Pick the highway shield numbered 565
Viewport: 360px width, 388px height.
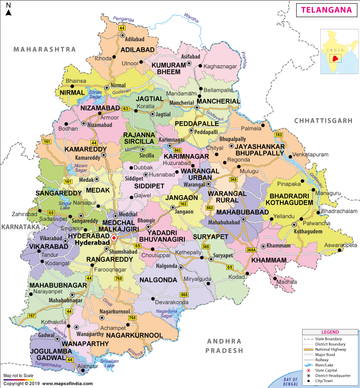tap(184, 294)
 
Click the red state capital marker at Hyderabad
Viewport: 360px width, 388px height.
tap(114, 238)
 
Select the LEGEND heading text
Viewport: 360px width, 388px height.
tap(330, 332)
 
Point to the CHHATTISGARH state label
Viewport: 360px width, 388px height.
tap(323, 121)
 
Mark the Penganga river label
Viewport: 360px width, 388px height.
tap(124, 20)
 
